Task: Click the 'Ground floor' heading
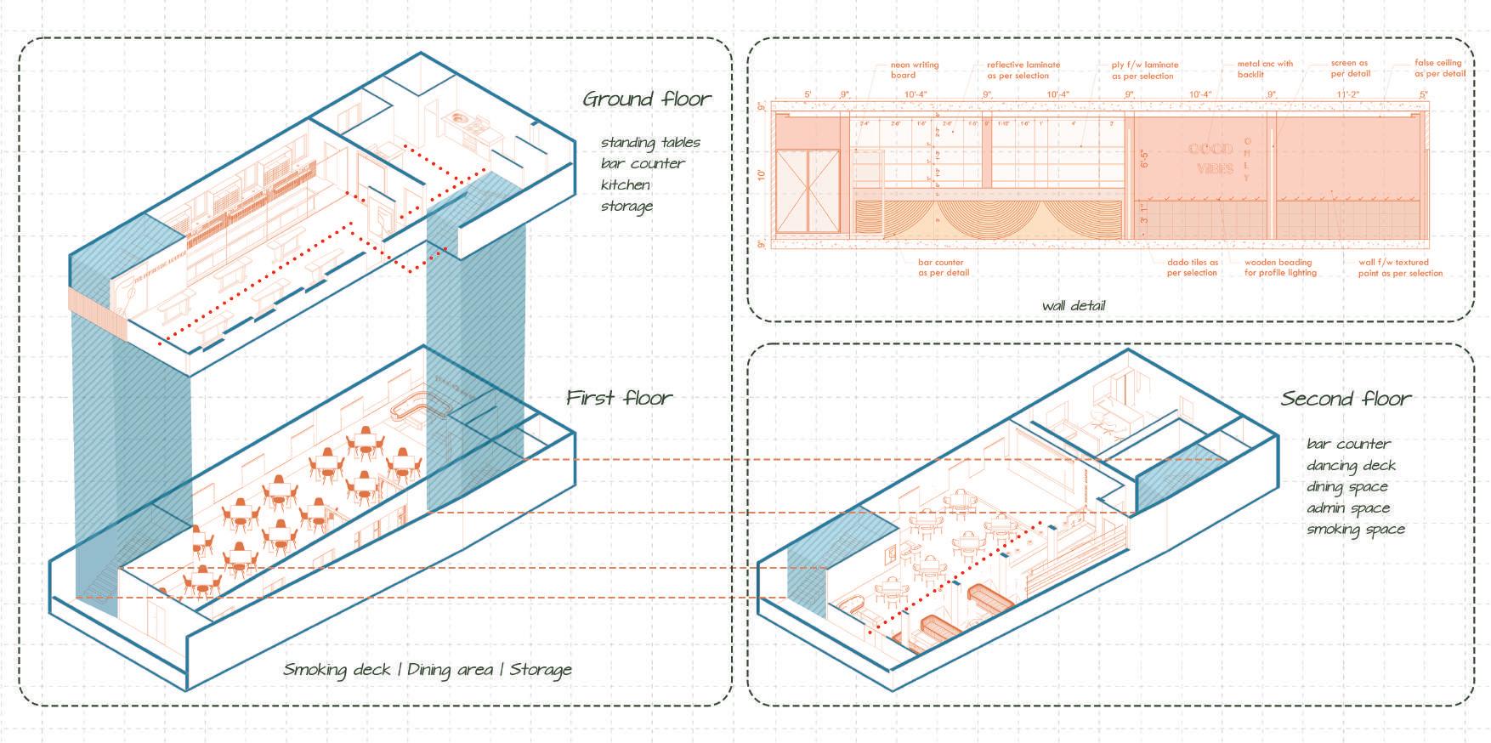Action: coord(646,99)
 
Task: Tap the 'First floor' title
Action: coord(619,398)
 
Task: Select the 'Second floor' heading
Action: coord(1346,399)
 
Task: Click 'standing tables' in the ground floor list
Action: coord(650,142)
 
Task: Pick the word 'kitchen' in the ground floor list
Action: coord(625,184)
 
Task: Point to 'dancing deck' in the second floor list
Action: coord(1352,466)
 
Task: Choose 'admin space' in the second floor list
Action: coord(1349,508)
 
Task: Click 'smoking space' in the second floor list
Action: coord(1356,530)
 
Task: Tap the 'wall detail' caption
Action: coord(1074,306)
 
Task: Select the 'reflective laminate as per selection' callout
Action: coord(1023,70)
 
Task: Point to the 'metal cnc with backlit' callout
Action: coord(1265,69)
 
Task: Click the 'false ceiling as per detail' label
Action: coord(1439,68)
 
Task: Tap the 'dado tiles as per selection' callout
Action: coord(1192,268)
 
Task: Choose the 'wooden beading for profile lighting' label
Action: coord(1280,268)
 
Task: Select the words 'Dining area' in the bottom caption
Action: coord(450,670)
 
